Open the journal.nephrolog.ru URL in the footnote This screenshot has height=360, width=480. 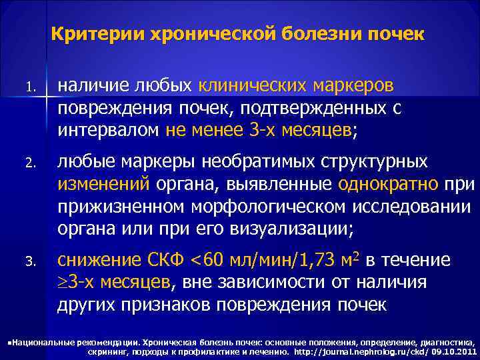coord(357,349)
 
